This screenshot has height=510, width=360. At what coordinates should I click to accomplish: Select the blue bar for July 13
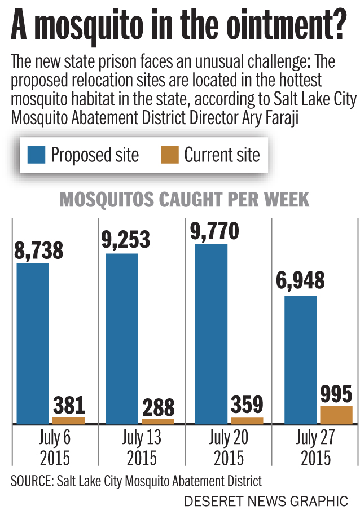(122, 338)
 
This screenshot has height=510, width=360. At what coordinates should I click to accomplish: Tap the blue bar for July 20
(211, 333)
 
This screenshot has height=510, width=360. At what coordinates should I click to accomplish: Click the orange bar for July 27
(336, 415)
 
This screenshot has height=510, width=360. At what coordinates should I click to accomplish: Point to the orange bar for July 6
(68, 420)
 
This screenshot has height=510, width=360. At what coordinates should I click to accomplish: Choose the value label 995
(336, 394)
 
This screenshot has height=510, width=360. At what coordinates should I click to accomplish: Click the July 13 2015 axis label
(141, 447)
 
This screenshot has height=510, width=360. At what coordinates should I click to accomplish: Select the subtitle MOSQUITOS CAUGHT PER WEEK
(185, 200)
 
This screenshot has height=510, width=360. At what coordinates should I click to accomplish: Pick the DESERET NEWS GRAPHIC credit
(266, 500)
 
